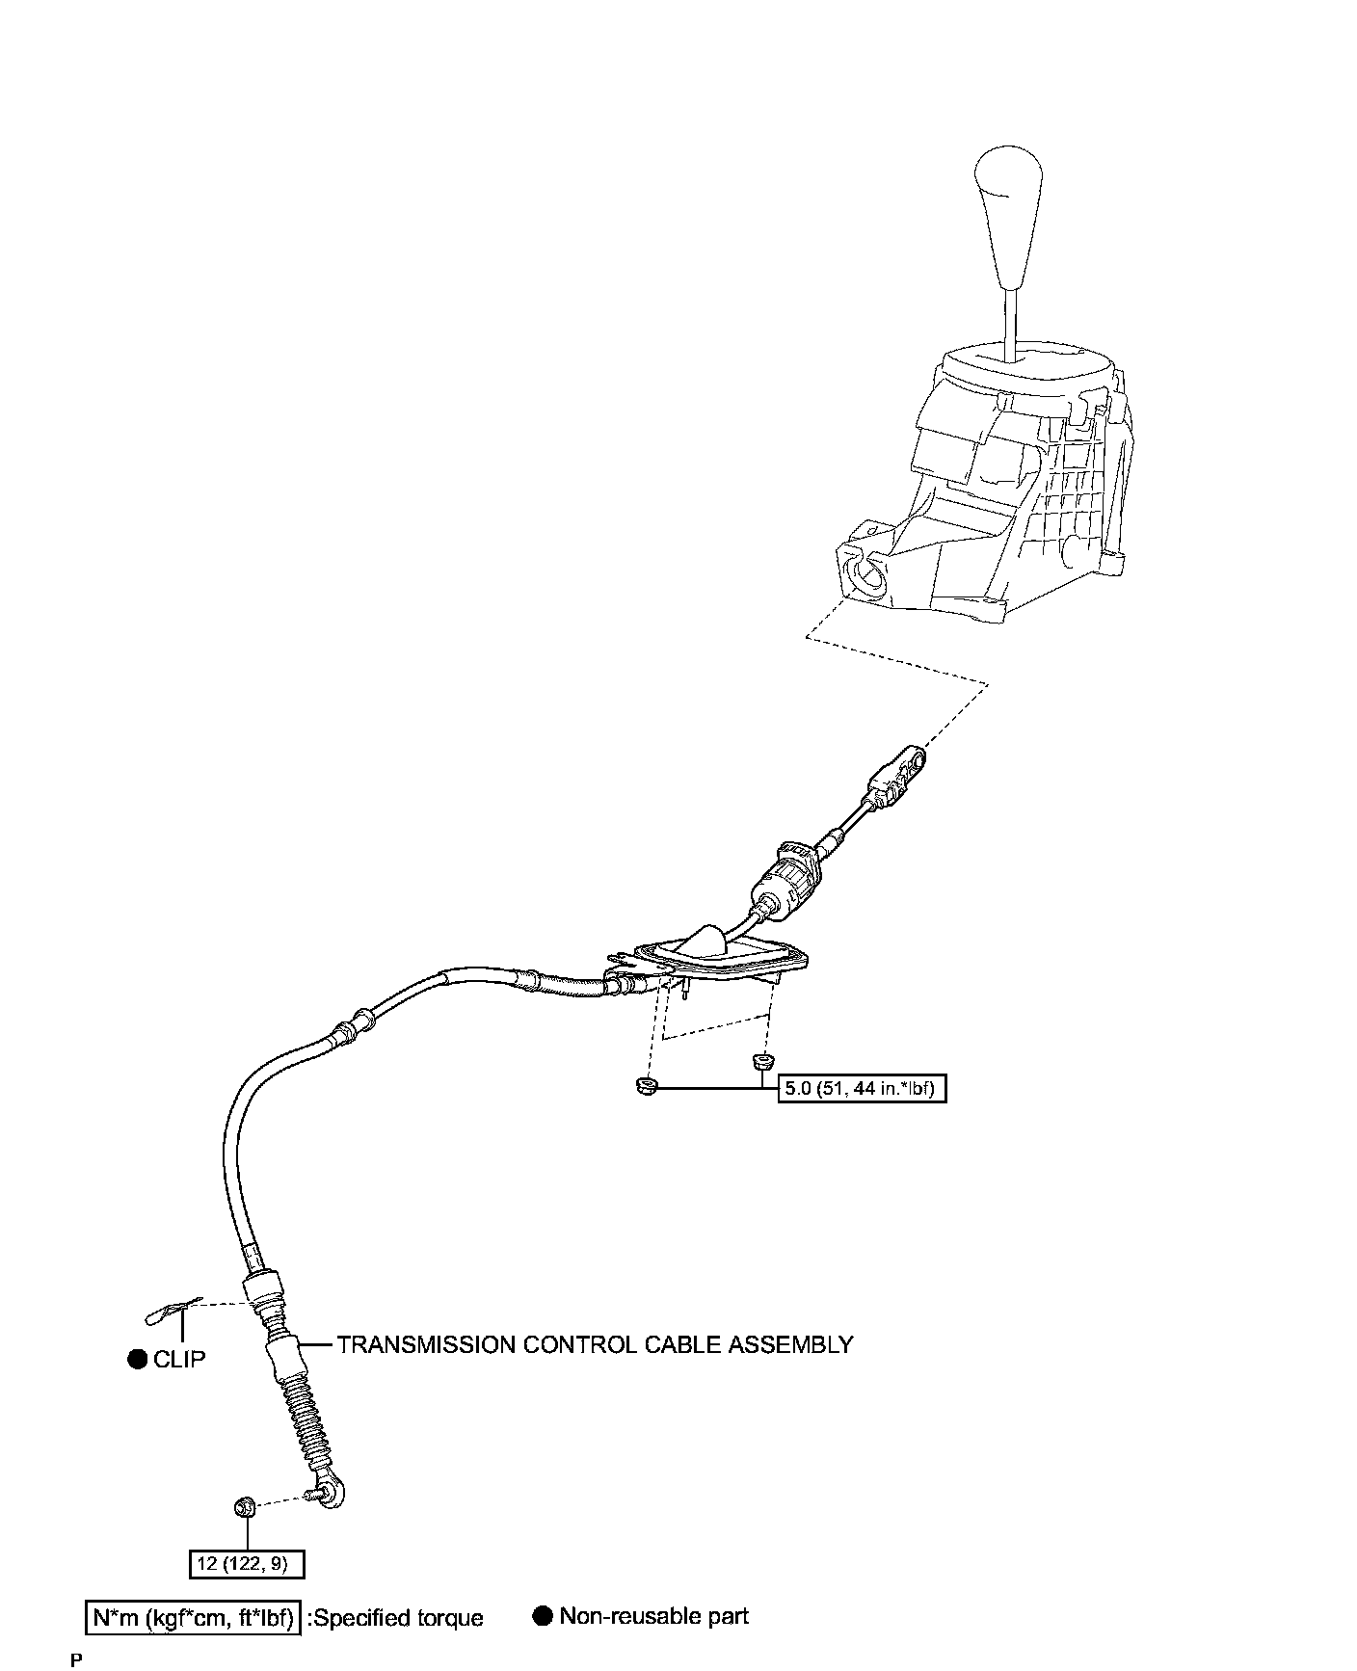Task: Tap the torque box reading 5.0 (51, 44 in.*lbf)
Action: click(862, 1089)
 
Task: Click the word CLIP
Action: click(179, 1359)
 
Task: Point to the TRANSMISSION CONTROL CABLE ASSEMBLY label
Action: click(595, 1344)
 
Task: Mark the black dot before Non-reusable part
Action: click(543, 1616)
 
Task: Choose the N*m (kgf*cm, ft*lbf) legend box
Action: click(193, 1618)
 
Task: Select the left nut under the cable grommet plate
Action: click(646, 1087)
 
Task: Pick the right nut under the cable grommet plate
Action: click(760, 1063)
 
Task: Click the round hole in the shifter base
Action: click(869, 578)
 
